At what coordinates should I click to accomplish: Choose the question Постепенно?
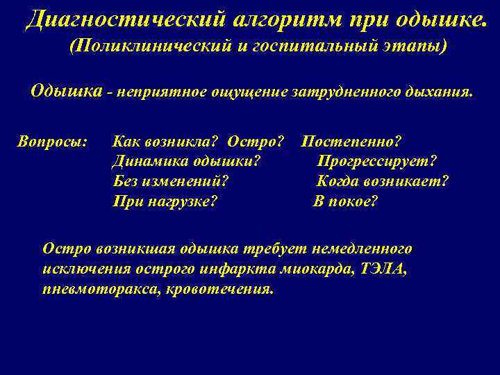[x=351, y=142]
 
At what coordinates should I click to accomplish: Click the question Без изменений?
[x=171, y=182]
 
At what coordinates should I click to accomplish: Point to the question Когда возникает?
[x=383, y=182]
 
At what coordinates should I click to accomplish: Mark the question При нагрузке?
[x=165, y=202]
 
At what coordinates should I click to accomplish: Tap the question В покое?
[x=345, y=202]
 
